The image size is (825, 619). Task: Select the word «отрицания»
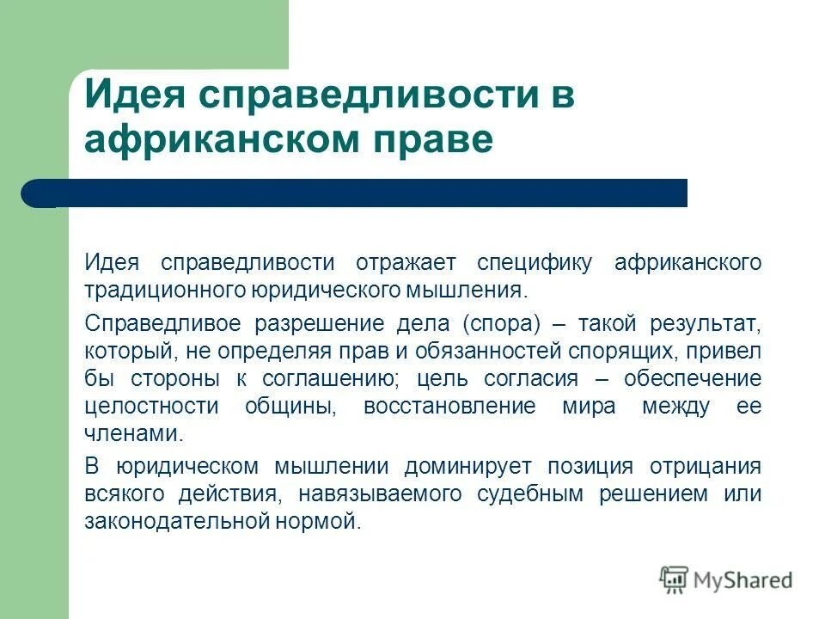point(706,467)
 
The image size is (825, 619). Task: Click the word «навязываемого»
point(382,493)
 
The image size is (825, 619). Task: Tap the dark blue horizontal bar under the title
point(354,193)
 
